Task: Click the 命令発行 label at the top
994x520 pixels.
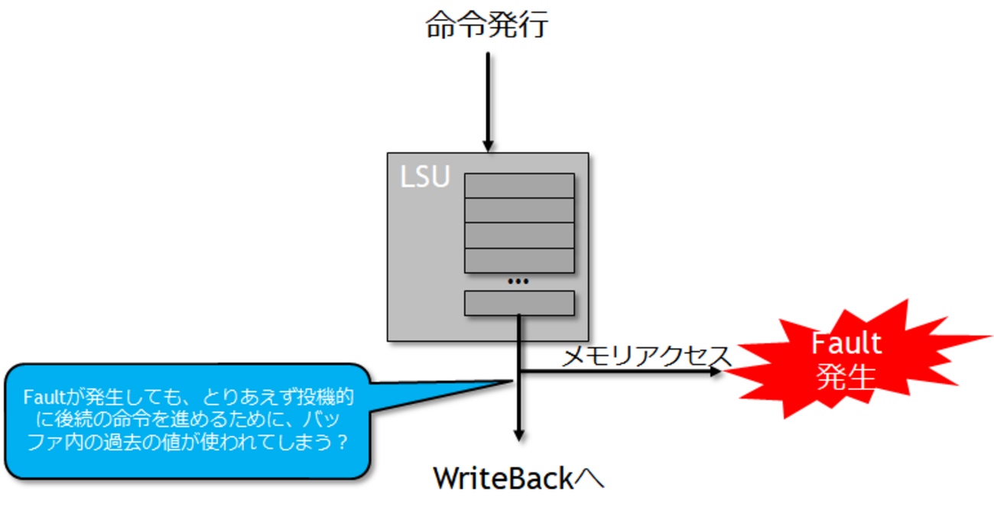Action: [x=487, y=26]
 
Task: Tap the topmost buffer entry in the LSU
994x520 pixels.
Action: [x=519, y=186]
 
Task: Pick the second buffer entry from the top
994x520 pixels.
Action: [x=519, y=210]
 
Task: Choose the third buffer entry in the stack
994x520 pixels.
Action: [x=519, y=236]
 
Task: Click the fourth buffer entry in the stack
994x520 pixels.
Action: [x=519, y=261]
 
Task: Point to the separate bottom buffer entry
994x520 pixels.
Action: [x=519, y=303]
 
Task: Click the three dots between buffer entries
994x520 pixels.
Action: [x=518, y=281]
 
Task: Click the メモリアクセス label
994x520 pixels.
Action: [x=647, y=356]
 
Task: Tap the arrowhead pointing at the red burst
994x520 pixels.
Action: [x=716, y=371]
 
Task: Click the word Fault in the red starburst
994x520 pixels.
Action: [x=846, y=343]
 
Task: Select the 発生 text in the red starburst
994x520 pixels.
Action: [x=846, y=376]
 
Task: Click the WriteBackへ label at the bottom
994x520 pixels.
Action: [x=518, y=479]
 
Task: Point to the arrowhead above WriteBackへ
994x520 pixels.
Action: [x=519, y=435]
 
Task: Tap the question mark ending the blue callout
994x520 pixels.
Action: [x=342, y=443]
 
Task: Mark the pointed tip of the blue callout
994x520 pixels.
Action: [x=510, y=380]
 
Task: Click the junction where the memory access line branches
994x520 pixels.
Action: [x=519, y=371]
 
